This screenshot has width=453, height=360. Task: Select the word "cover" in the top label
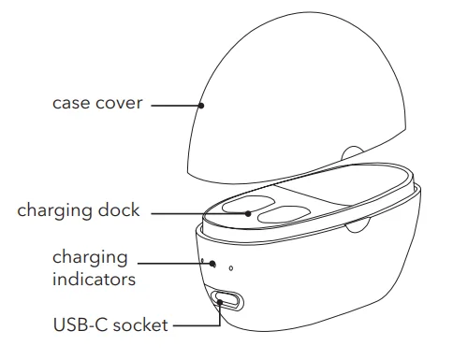[119, 103]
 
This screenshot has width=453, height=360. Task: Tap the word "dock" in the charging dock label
[122, 211]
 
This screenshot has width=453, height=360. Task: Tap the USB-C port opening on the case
[227, 301]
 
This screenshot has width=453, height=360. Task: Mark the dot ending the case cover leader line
[202, 106]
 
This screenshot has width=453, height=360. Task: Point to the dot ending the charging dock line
[248, 213]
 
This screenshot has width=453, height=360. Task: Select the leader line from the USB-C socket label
[197, 325]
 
